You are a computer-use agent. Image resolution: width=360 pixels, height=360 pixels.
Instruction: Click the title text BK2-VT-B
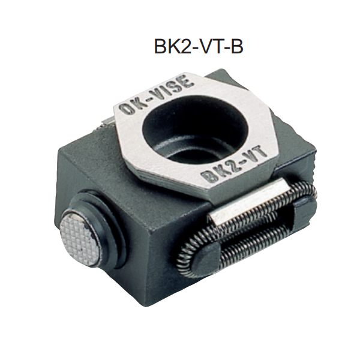[199, 47]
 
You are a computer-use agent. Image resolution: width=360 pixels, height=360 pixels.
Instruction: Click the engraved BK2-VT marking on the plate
[234, 166]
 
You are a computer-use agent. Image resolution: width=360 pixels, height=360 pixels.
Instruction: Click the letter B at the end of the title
[236, 47]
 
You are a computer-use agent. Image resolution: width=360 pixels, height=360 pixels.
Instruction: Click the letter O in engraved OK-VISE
[126, 109]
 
